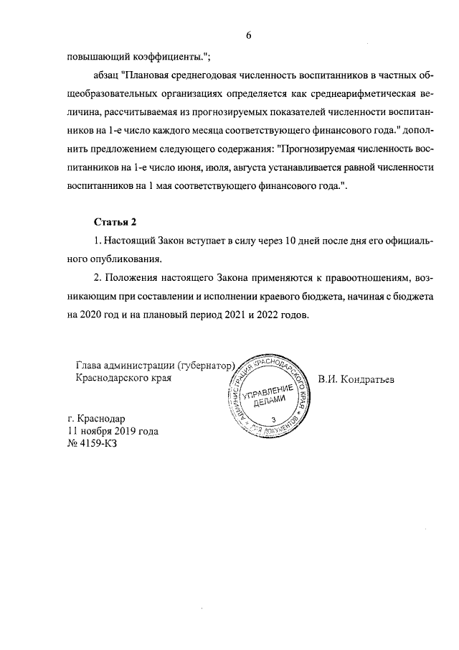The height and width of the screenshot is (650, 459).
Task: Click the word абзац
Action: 107,74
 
